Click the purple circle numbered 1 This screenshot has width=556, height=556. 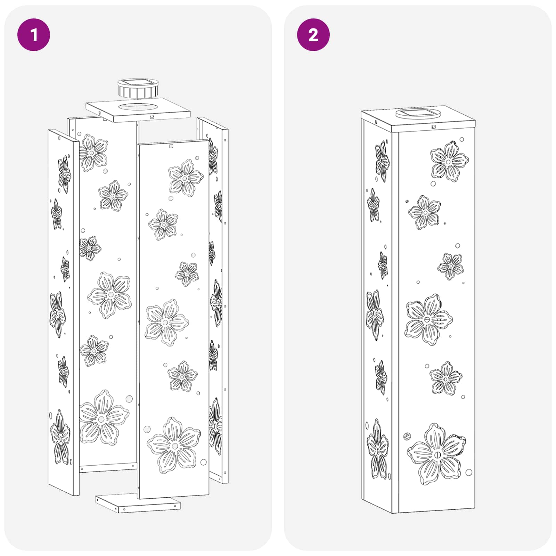(34, 35)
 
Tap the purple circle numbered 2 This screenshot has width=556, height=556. (313, 35)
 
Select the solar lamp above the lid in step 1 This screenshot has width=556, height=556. (138, 88)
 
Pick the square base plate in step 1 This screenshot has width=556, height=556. (138, 504)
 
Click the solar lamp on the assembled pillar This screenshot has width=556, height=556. (418, 113)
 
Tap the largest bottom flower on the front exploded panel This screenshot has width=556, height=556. (174, 446)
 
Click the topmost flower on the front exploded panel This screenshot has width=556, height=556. (185, 178)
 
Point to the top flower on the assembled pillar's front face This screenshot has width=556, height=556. (449, 161)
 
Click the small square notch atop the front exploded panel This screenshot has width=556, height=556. (171, 146)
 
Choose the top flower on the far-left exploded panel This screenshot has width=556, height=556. (64, 174)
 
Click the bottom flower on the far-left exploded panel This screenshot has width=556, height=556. (60, 438)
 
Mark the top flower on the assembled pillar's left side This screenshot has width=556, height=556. (382, 161)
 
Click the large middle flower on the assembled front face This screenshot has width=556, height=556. (428, 319)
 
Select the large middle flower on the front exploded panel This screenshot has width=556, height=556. (166, 322)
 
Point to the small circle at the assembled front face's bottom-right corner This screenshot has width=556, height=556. (468, 472)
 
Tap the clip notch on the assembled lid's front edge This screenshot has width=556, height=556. (433, 127)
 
